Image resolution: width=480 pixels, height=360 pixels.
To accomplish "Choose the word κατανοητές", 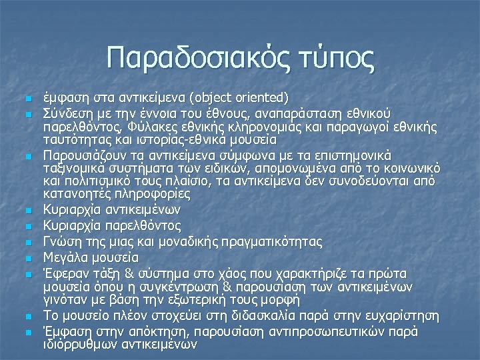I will click(75, 194).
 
